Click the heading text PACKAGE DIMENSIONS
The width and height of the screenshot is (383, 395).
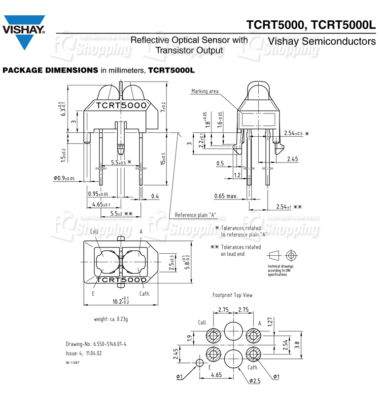[50, 70]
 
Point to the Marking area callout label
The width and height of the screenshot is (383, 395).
[205, 91]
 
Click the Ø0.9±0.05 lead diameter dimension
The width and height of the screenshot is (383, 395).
[64, 178]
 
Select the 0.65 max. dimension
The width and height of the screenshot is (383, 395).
[226, 197]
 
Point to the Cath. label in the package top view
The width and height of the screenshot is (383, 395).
[144, 293]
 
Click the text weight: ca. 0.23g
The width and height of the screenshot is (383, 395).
[111, 319]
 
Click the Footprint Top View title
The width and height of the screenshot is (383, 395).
[232, 295]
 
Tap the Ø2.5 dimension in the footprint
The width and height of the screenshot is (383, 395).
[254, 381]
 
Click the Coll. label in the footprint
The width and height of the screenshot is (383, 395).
[202, 322]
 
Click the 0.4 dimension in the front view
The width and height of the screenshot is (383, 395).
[155, 197]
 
